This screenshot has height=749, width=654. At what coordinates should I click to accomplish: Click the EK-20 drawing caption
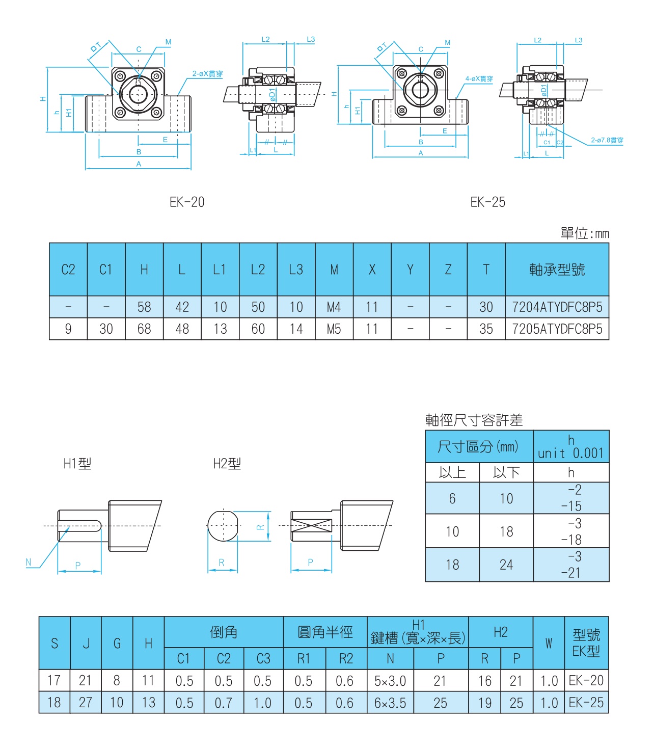[187, 202]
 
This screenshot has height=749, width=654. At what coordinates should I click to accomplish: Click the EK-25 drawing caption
[487, 202]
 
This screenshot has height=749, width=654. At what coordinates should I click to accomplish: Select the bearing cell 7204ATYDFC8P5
[557, 307]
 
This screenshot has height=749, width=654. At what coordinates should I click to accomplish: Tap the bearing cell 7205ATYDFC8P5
[557, 329]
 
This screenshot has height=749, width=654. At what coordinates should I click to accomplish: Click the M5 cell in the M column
[334, 329]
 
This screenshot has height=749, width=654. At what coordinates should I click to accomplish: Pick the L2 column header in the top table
[258, 270]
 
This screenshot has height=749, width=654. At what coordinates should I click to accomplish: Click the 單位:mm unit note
[584, 233]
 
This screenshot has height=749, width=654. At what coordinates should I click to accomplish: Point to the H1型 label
[77, 464]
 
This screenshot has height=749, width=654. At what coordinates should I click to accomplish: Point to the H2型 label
[227, 464]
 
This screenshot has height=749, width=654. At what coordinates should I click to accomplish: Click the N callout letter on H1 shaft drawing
[29, 563]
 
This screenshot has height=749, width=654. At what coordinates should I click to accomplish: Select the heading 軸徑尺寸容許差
[474, 420]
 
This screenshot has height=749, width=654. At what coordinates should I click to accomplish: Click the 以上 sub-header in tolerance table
[452, 473]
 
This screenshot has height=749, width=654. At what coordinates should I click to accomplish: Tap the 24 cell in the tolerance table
[506, 565]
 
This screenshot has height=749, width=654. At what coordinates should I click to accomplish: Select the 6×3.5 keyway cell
[390, 703]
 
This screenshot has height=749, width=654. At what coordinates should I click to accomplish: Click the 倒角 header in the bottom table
[224, 632]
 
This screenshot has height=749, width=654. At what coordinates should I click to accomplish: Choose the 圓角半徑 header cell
[325, 632]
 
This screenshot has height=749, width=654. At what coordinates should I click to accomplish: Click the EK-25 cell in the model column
[586, 703]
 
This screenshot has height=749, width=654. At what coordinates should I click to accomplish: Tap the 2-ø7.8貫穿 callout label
[607, 140]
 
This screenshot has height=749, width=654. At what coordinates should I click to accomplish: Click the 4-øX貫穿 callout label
[479, 79]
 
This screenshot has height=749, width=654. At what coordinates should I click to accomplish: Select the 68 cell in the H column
[144, 329]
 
